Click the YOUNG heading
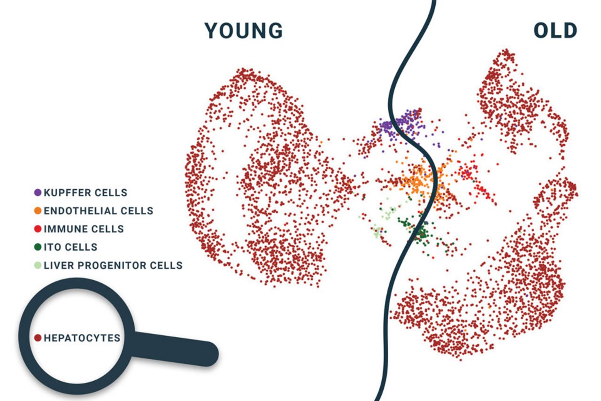click(244, 31)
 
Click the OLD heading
click(555, 31)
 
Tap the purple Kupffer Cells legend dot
click(38, 193)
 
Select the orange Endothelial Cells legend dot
click(38, 211)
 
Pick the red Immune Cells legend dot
click(38, 229)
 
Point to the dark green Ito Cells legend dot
click(38, 247)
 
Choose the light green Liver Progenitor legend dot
click(38, 265)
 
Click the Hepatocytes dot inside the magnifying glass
click(38, 338)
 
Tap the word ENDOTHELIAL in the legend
click(80, 211)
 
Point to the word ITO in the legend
click(53, 247)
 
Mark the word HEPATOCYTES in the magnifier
click(82, 338)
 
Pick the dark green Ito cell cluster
click(418, 231)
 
